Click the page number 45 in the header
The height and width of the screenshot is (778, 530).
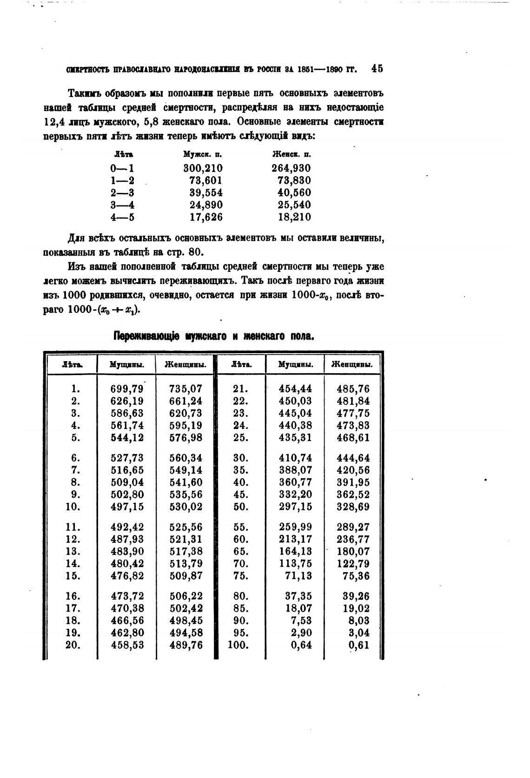coord(377,69)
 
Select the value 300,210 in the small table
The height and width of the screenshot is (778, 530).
coord(203,168)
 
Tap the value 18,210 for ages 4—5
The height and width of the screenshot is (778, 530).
coord(294,217)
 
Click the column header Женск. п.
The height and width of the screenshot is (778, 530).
coord(291,154)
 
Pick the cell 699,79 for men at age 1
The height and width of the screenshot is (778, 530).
coord(127,389)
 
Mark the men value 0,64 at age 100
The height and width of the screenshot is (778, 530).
coord(301,645)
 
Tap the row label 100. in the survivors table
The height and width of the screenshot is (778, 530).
coord(238,645)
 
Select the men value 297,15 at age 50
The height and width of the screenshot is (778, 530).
coord(296,507)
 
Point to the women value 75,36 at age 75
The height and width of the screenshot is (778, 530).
coord(357,576)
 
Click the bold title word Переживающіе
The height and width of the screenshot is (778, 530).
coord(148,336)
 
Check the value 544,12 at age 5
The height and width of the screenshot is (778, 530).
coord(127,438)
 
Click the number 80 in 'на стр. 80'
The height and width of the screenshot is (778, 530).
coord(197,253)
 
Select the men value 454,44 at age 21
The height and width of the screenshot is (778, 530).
coord(296,389)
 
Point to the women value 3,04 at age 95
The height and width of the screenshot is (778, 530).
coord(359,633)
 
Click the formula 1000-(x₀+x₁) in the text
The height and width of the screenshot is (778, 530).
coord(104,310)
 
